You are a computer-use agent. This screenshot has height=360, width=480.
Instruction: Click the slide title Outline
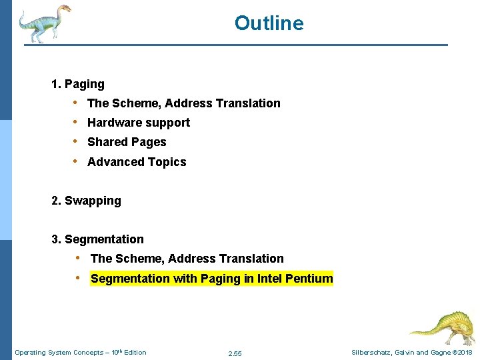(x=269, y=23)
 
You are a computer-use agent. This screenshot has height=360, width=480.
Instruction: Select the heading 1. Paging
(x=78, y=84)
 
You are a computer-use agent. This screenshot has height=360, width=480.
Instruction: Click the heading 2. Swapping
(x=86, y=201)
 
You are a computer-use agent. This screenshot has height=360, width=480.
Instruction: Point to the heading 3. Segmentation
(x=97, y=239)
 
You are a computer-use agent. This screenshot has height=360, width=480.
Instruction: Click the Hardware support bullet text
(x=139, y=123)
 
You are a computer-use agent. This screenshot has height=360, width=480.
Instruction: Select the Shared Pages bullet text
(x=127, y=142)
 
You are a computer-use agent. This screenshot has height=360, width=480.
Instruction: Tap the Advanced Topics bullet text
(x=137, y=162)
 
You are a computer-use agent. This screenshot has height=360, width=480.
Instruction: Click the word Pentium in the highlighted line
(x=309, y=279)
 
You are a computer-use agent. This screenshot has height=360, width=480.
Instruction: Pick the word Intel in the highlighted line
(x=269, y=279)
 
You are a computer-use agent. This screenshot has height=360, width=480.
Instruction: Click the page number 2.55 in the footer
(x=235, y=353)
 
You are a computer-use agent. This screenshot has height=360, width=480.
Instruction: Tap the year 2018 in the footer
(x=464, y=353)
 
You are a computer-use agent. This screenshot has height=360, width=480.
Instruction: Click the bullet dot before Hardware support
(x=77, y=123)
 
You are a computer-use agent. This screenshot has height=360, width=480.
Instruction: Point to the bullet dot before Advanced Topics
(x=77, y=161)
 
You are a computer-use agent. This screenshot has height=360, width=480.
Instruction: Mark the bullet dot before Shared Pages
(x=77, y=142)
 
